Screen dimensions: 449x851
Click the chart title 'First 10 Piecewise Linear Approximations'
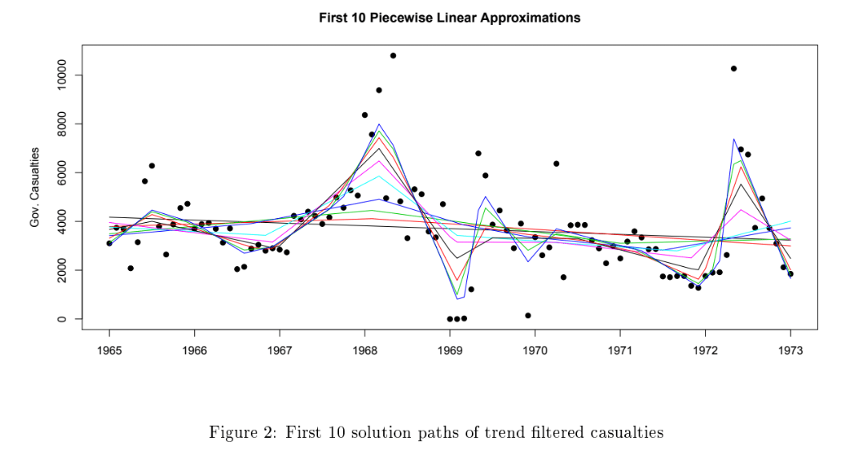point(449,18)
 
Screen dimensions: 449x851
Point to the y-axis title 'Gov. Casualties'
point(35,187)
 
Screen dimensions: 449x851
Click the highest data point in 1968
point(393,55)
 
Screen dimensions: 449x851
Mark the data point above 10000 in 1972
point(733,69)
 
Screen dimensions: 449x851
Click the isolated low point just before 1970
point(527,315)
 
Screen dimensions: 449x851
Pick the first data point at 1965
point(109,243)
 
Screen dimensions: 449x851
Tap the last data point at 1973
point(790,274)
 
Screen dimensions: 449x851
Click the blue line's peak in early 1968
point(379,124)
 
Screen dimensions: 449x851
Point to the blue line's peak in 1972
point(734,140)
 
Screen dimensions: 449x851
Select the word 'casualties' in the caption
point(623,433)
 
